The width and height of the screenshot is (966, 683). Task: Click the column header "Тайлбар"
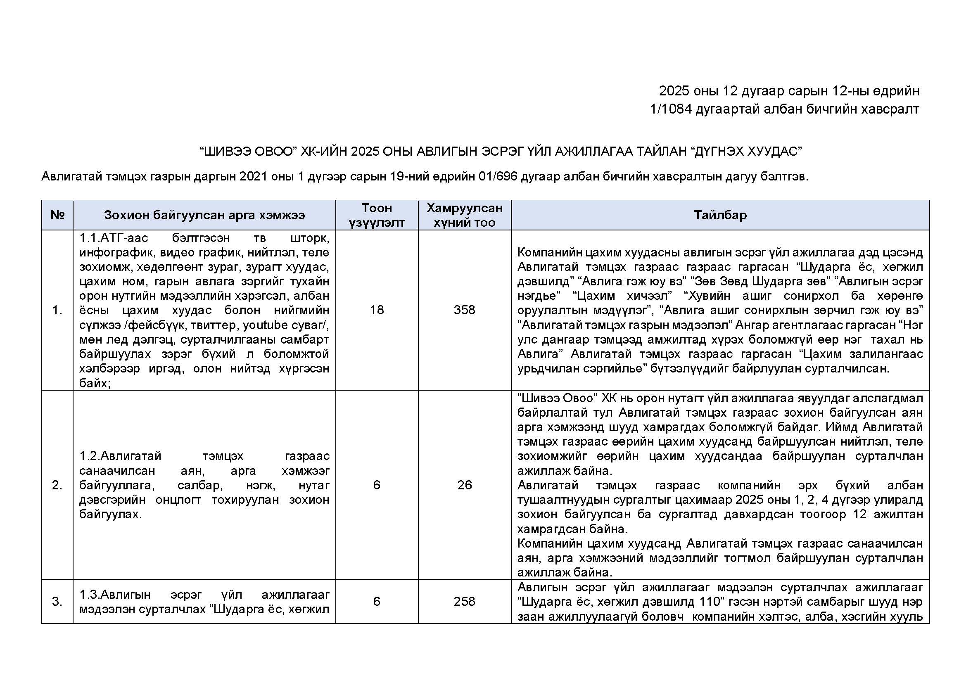[720, 215]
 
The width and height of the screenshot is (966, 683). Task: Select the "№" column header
[57, 215]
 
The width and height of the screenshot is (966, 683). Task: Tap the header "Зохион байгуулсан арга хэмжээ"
[204, 215]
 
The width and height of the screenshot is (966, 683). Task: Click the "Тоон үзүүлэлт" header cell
[377, 215]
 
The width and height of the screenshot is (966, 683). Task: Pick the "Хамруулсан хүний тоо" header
[465, 215]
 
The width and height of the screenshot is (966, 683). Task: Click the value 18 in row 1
[377, 310]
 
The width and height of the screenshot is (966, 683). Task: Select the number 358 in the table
[465, 310]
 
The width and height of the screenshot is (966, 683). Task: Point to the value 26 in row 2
[465, 485]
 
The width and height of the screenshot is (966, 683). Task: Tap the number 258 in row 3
[465, 601]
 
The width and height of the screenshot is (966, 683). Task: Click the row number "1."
[57, 311]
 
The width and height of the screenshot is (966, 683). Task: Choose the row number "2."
[57, 485]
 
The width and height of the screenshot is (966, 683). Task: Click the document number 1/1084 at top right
[671, 109]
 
